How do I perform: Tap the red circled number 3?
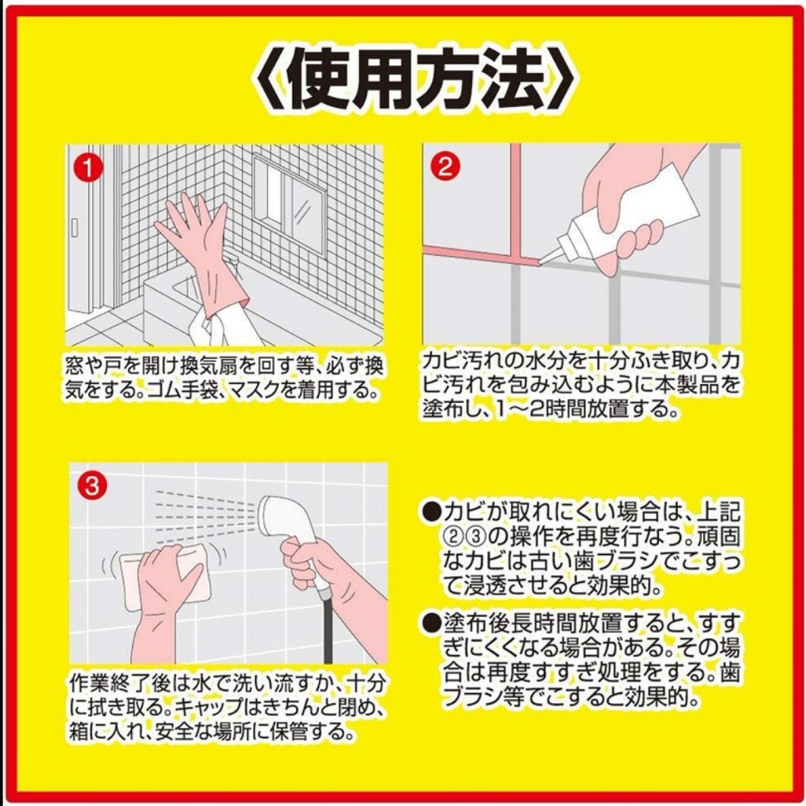point(92,486)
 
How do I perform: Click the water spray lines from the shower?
point(205,516)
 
